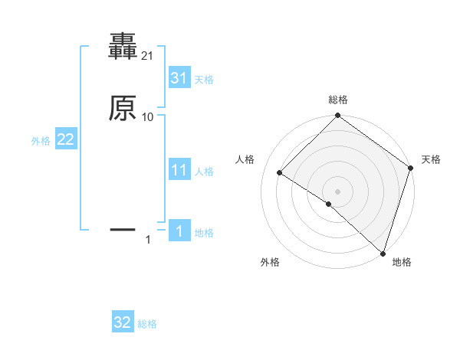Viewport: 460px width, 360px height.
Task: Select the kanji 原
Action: tap(123, 109)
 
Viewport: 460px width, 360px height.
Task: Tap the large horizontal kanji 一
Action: tap(123, 228)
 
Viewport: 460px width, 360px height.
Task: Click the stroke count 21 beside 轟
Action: tap(148, 56)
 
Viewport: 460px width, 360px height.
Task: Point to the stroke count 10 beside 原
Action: tap(148, 116)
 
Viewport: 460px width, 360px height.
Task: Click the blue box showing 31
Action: tap(179, 78)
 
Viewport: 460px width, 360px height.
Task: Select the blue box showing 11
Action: tap(179, 170)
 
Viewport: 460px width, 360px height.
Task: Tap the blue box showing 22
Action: tap(66, 139)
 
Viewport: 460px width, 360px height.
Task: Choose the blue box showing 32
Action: tap(123, 322)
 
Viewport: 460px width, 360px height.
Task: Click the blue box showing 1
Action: tap(179, 231)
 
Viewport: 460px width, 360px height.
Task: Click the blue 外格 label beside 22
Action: tap(41, 141)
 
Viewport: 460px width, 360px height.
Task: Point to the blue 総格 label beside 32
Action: tap(147, 324)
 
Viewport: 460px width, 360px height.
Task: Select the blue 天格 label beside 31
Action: tap(204, 80)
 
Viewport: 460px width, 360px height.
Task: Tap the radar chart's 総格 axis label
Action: tap(338, 100)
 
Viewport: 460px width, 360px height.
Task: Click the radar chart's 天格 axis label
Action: tap(431, 159)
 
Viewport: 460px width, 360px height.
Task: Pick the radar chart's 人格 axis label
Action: tap(245, 159)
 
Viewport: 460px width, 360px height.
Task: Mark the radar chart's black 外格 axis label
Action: tap(269, 262)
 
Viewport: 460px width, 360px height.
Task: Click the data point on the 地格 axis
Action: tap(383, 253)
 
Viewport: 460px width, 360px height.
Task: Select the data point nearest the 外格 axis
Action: tap(328, 204)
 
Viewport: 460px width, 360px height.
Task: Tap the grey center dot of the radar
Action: tap(338, 191)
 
